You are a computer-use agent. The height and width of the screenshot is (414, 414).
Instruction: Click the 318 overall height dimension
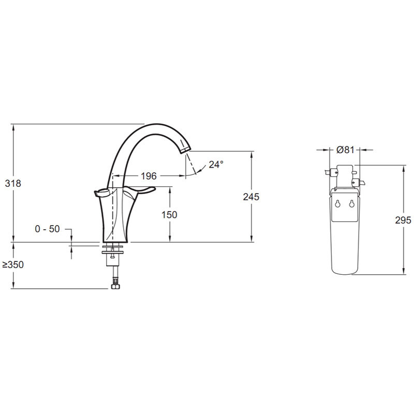(13, 183)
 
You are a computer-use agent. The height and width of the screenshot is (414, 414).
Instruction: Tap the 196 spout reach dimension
(149, 176)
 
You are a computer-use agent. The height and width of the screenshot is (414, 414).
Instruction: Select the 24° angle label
(216, 165)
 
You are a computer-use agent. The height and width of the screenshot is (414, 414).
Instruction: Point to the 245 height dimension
(251, 197)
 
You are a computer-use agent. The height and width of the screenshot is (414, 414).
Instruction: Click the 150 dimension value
(169, 215)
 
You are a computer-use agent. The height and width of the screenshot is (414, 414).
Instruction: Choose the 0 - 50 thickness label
(47, 229)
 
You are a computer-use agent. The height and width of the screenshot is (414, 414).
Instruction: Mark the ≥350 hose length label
(13, 264)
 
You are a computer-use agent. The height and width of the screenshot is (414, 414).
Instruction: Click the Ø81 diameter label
(345, 150)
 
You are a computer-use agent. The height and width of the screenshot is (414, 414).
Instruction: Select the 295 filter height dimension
(403, 220)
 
